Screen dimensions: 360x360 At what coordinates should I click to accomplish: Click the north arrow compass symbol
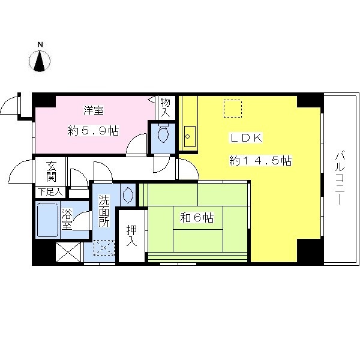click(40, 61)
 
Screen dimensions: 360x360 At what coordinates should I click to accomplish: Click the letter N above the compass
click(40, 44)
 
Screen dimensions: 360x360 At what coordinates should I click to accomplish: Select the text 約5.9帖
click(94, 131)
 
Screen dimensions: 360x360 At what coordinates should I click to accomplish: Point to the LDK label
click(246, 138)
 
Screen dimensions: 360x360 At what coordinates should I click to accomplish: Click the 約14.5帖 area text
click(260, 160)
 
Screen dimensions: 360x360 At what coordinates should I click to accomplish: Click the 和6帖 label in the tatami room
click(197, 217)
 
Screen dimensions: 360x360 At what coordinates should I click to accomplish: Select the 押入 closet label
click(131, 236)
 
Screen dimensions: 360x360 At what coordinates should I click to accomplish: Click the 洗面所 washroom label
click(104, 211)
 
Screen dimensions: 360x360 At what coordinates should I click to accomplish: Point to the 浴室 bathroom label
click(67, 219)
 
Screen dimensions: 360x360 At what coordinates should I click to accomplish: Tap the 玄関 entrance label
click(51, 171)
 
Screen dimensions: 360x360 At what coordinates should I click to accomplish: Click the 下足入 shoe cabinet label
click(50, 192)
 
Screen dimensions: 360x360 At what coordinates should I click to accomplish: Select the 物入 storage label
click(165, 107)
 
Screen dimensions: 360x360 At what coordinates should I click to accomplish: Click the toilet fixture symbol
click(163, 133)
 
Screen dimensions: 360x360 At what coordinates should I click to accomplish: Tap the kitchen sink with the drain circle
click(190, 136)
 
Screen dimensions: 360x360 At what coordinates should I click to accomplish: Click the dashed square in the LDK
click(233, 109)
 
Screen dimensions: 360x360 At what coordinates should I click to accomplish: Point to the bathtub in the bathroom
click(47, 220)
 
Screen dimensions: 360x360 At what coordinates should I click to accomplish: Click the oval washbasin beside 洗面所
click(128, 195)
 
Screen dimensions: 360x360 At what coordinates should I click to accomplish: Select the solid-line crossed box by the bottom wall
click(68, 252)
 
